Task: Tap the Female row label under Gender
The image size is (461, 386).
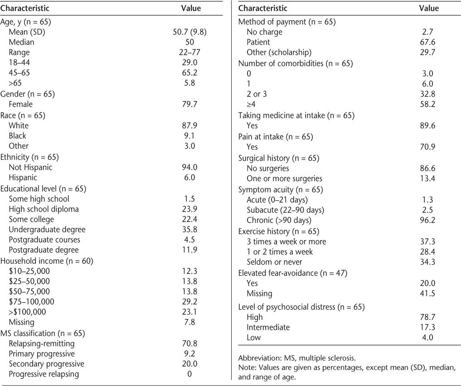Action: [21, 104]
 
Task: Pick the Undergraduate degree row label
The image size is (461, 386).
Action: [47, 229]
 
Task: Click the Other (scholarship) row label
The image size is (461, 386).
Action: [279, 53]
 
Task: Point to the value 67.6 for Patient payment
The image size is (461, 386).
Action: [428, 42]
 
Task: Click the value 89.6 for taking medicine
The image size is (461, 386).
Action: [428, 125]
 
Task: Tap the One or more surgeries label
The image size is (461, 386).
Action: [285, 178]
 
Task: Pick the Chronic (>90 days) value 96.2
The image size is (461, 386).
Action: [428, 220]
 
